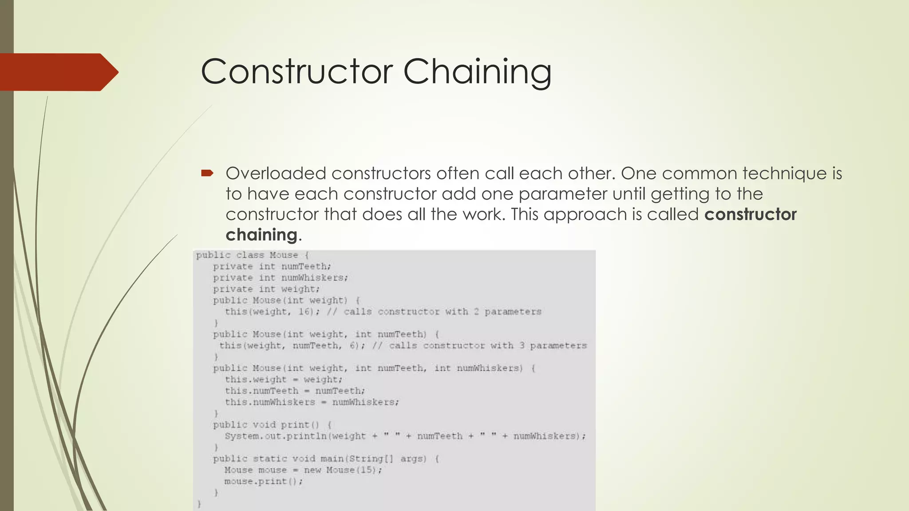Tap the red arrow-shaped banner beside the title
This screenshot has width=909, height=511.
point(58,72)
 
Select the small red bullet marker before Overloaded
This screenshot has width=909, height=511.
point(207,173)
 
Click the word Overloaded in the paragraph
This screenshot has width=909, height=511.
point(276,173)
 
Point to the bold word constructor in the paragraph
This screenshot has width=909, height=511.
point(750,215)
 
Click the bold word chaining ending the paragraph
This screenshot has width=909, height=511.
point(261,235)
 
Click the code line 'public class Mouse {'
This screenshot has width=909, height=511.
point(252,255)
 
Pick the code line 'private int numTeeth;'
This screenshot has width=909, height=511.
point(272,266)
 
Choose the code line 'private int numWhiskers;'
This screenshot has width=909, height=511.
point(280,278)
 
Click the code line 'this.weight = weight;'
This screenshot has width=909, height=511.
point(283,379)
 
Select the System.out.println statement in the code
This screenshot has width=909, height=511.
point(405,436)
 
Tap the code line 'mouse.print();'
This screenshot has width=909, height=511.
point(263,481)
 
